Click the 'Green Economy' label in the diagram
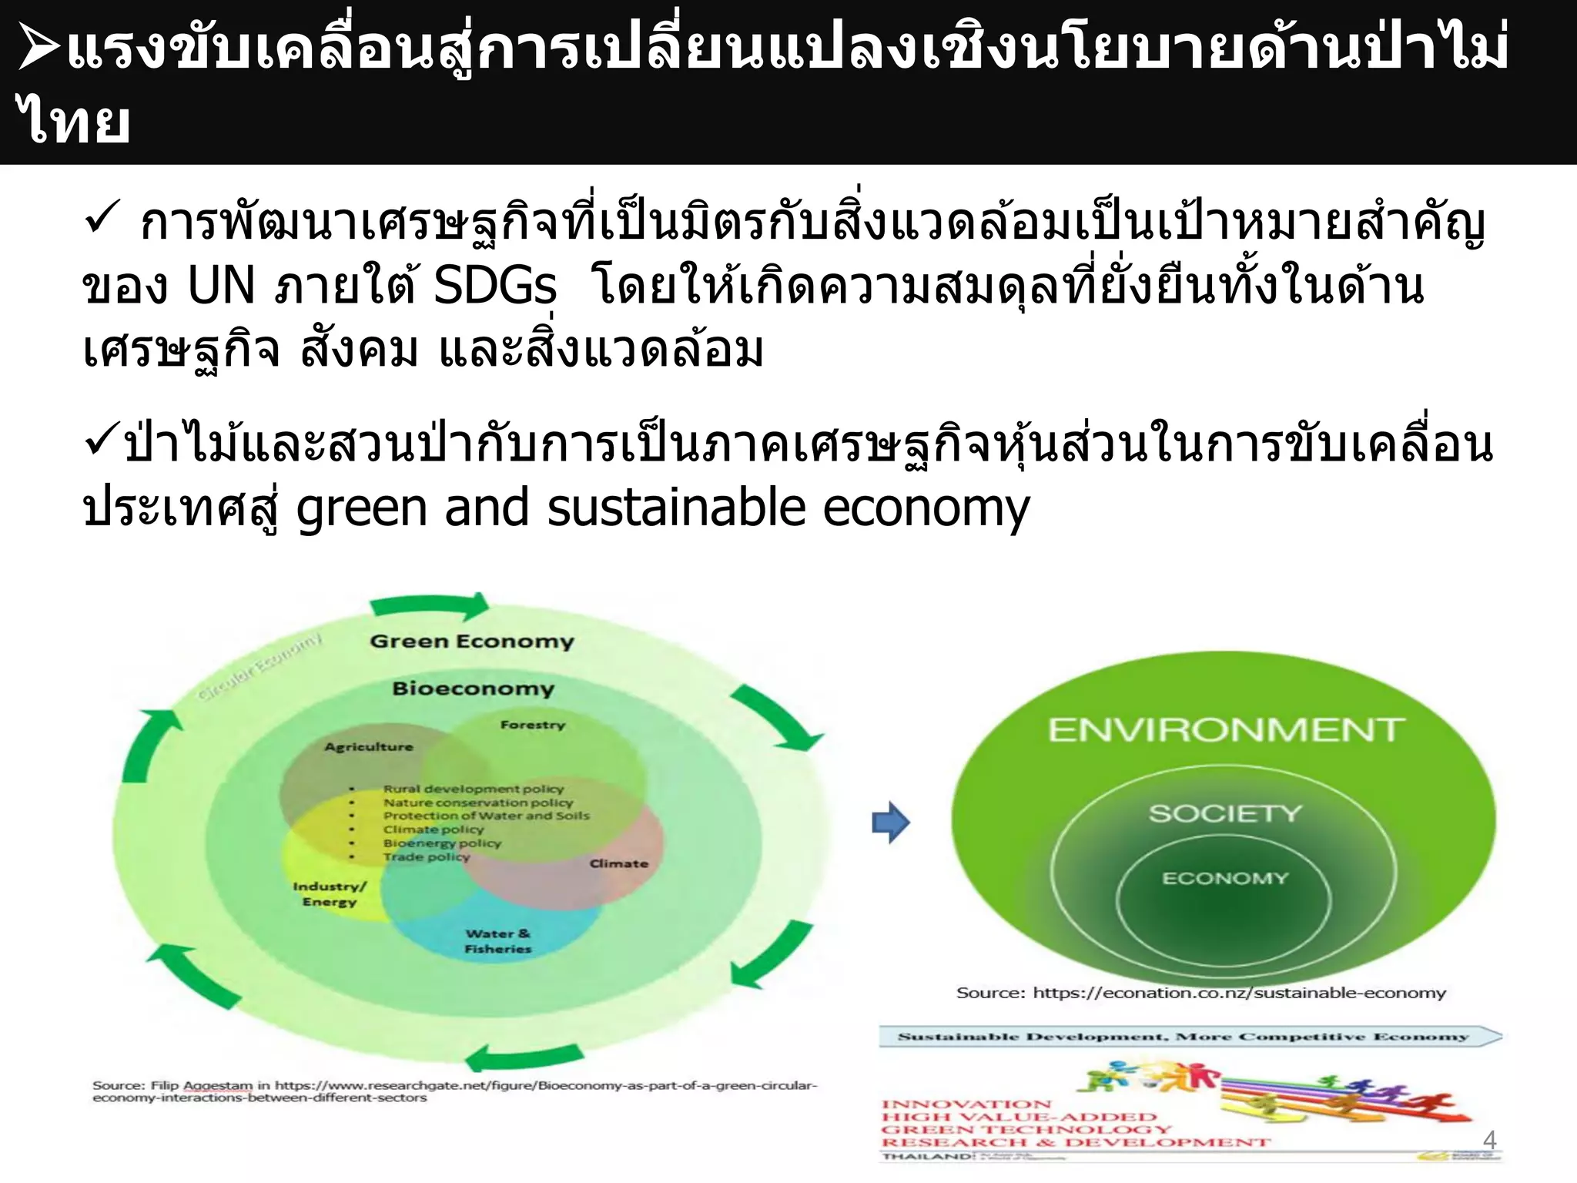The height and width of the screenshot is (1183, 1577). click(x=472, y=642)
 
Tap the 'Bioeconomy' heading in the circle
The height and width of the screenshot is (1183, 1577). click(x=473, y=689)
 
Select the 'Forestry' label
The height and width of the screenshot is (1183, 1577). click(x=533, y=725)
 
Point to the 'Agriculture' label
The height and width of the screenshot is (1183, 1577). click(x=369, y=747)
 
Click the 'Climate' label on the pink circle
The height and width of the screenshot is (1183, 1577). click(x=619, y=864)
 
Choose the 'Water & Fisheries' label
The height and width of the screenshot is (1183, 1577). click(x=497, y=941)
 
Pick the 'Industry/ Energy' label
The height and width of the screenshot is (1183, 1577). click(x=330, y=894)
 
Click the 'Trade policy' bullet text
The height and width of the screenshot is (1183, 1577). click(x=427, y=857)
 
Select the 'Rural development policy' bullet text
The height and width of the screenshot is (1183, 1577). click(x=474, y=789)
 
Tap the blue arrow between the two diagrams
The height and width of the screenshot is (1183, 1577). click(x=891, y=823)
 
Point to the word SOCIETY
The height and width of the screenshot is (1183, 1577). click(x=1225, y=813)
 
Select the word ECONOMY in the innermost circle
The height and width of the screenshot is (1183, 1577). click(x=1224, y=879)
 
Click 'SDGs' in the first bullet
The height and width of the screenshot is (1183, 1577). click(x=495, y=287)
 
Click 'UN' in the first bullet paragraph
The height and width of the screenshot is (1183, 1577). click(x=221, y=287)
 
